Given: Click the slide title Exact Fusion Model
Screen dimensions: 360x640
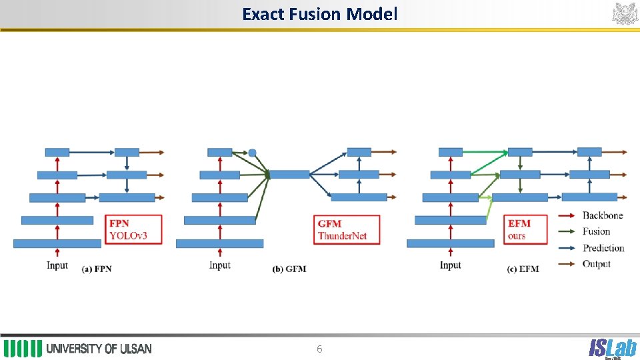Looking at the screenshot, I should (x=319, y=13).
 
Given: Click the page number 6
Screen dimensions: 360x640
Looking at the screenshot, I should (x=319, y=349).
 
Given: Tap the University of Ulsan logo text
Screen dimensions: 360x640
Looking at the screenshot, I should (x=99, y=349).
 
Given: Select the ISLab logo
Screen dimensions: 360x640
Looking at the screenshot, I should (x=612, y=348).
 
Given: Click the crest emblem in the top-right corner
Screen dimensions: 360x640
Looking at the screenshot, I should (x=625, y=13).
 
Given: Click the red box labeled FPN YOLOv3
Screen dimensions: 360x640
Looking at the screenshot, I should (x=133, y=229).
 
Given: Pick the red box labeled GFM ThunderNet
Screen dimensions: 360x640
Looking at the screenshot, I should (x=347, y=229).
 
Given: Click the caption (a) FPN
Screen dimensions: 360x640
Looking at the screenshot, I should (x=96, y=269).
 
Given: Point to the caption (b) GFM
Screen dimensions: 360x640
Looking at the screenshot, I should (x=289, y=269).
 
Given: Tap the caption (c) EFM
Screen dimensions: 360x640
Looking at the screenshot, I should (x=523, y=269).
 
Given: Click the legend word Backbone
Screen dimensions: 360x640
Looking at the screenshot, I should (x=603, y=215).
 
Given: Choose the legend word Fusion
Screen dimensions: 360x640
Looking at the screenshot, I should (x=596, y=231).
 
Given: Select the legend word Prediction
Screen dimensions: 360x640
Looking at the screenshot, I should (x=603, y=248).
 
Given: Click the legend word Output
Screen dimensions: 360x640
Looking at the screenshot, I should (x=596, y=264).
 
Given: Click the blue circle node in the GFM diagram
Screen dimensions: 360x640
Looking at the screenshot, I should (x=252, y=153).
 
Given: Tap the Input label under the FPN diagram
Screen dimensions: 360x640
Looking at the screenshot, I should (x=57, y=265).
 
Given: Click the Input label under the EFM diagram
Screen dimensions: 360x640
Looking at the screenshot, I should (x=450, y=265).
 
